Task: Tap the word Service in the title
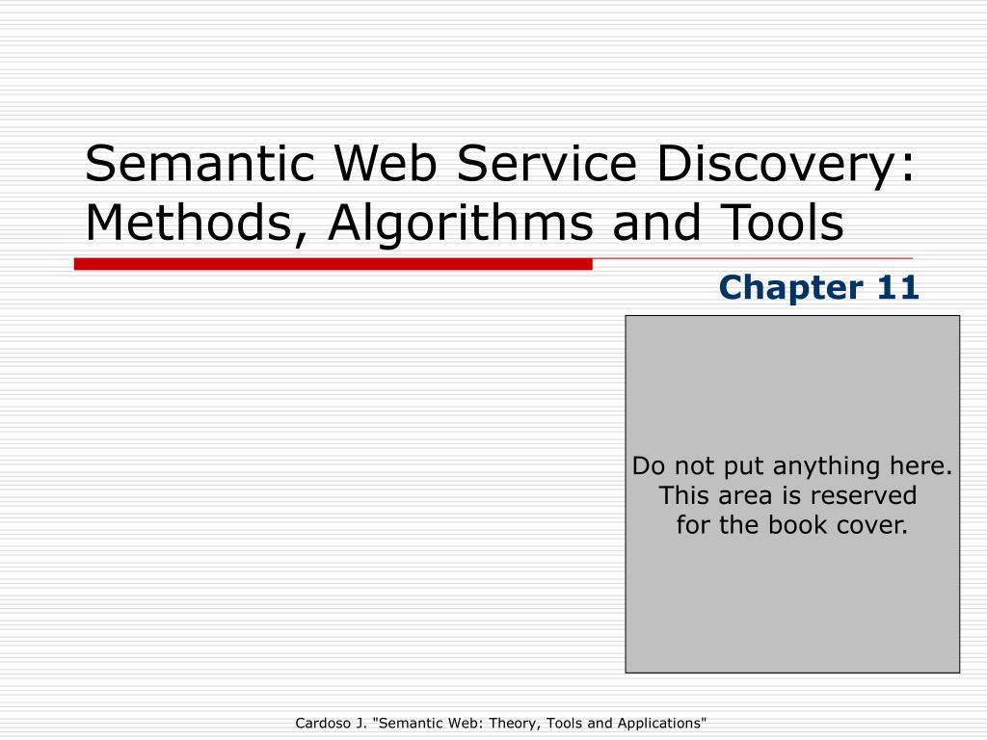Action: [x=547, y=163]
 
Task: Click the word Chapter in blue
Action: [x=790, y=289]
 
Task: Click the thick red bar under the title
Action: [x=333, y=264]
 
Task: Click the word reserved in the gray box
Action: [x=863, y=495]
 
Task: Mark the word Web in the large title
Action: [x=386, y=163]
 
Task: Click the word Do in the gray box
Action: [x=649, y=466]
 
